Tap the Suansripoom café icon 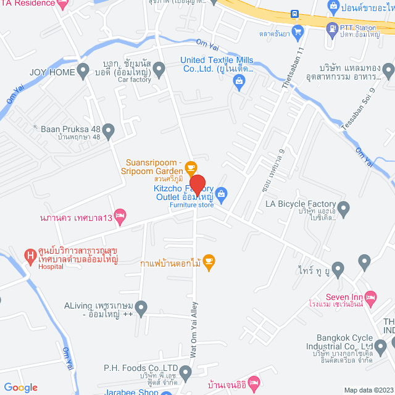click(191, 166)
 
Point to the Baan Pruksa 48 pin click(109, 130)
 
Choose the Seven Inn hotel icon click(370, 297)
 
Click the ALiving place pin click(141, 306)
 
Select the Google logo click(20, 387)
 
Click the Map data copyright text click(368, 390)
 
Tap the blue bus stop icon click(295, 14)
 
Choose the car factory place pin click(159, 70)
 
